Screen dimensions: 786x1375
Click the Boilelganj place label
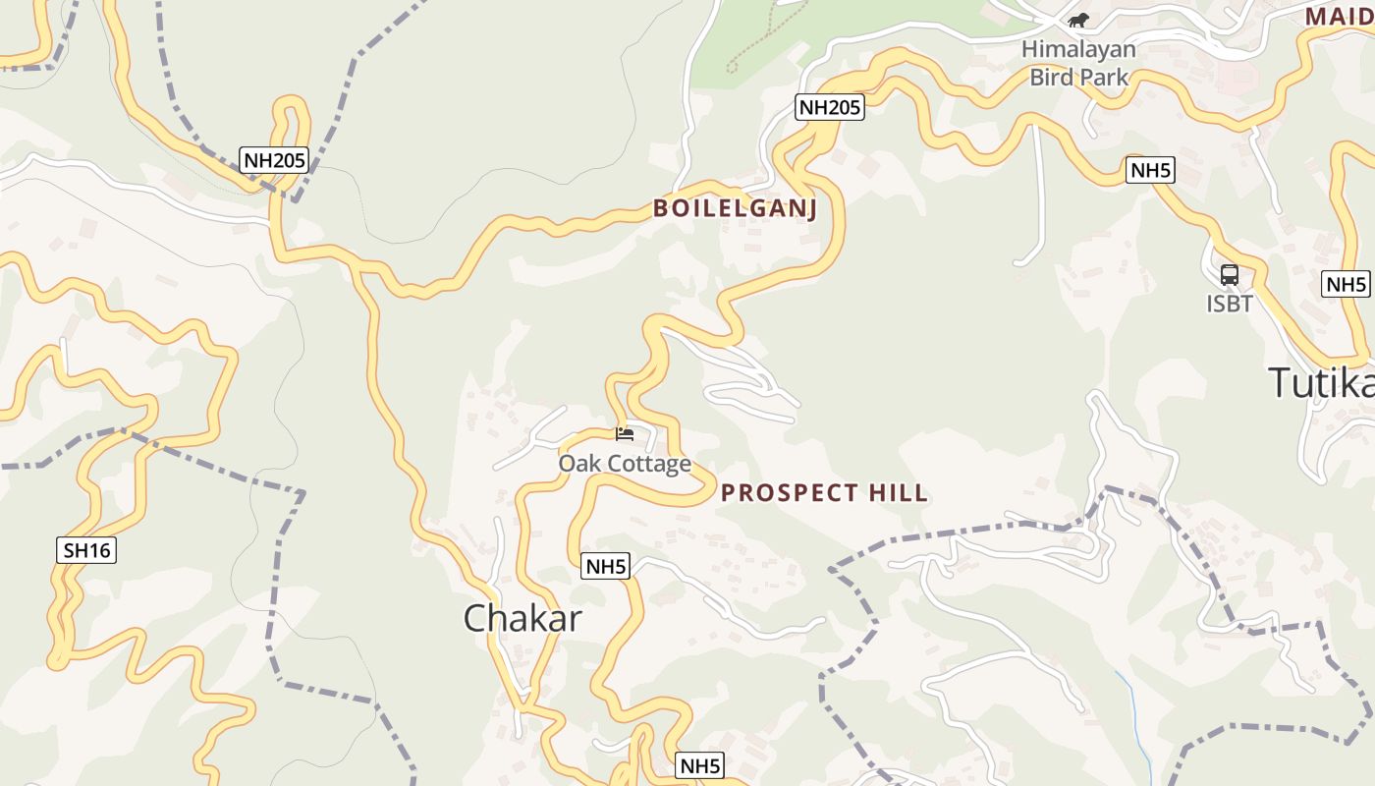[735, 208]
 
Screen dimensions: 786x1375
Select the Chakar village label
[522, 618]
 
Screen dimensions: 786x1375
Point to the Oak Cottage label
[625, 463]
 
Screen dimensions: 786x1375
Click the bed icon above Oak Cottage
[625, 433]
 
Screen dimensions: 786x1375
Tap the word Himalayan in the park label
[1078, 49]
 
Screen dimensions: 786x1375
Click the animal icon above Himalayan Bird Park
[1078, 20]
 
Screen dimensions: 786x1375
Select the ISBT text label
[1230, 304]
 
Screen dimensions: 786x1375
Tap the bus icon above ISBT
[1230, 275]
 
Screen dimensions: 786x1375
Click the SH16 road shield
[86, 550]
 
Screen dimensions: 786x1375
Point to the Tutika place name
[1321, 383]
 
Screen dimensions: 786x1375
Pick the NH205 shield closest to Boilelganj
[830, 107]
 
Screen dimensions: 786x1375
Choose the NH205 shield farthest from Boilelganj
[274, 159]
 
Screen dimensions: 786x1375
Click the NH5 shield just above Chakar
[605, 566]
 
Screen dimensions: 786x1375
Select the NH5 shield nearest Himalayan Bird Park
[1151, 170]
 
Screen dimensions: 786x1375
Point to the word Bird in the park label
[1051, 77]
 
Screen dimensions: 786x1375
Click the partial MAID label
[1339, 17]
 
